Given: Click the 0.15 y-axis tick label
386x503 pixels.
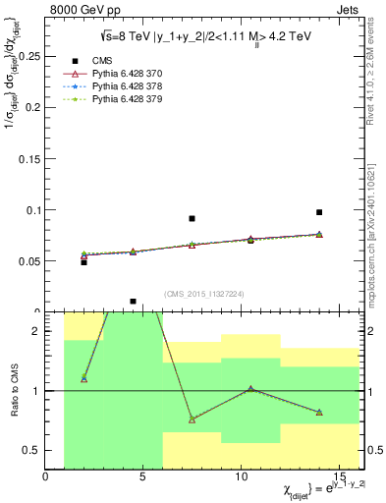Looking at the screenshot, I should (28, 158).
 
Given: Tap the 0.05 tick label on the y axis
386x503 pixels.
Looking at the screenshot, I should (28, 261).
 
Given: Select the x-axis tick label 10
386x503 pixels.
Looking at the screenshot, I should (242, 477).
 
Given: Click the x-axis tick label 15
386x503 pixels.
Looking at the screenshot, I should (340, 477).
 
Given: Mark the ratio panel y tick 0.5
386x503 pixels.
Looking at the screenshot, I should (34, 450).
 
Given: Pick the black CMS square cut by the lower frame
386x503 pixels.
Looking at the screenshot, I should (133, 302).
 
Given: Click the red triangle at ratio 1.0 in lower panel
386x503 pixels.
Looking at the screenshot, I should (250, 389).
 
